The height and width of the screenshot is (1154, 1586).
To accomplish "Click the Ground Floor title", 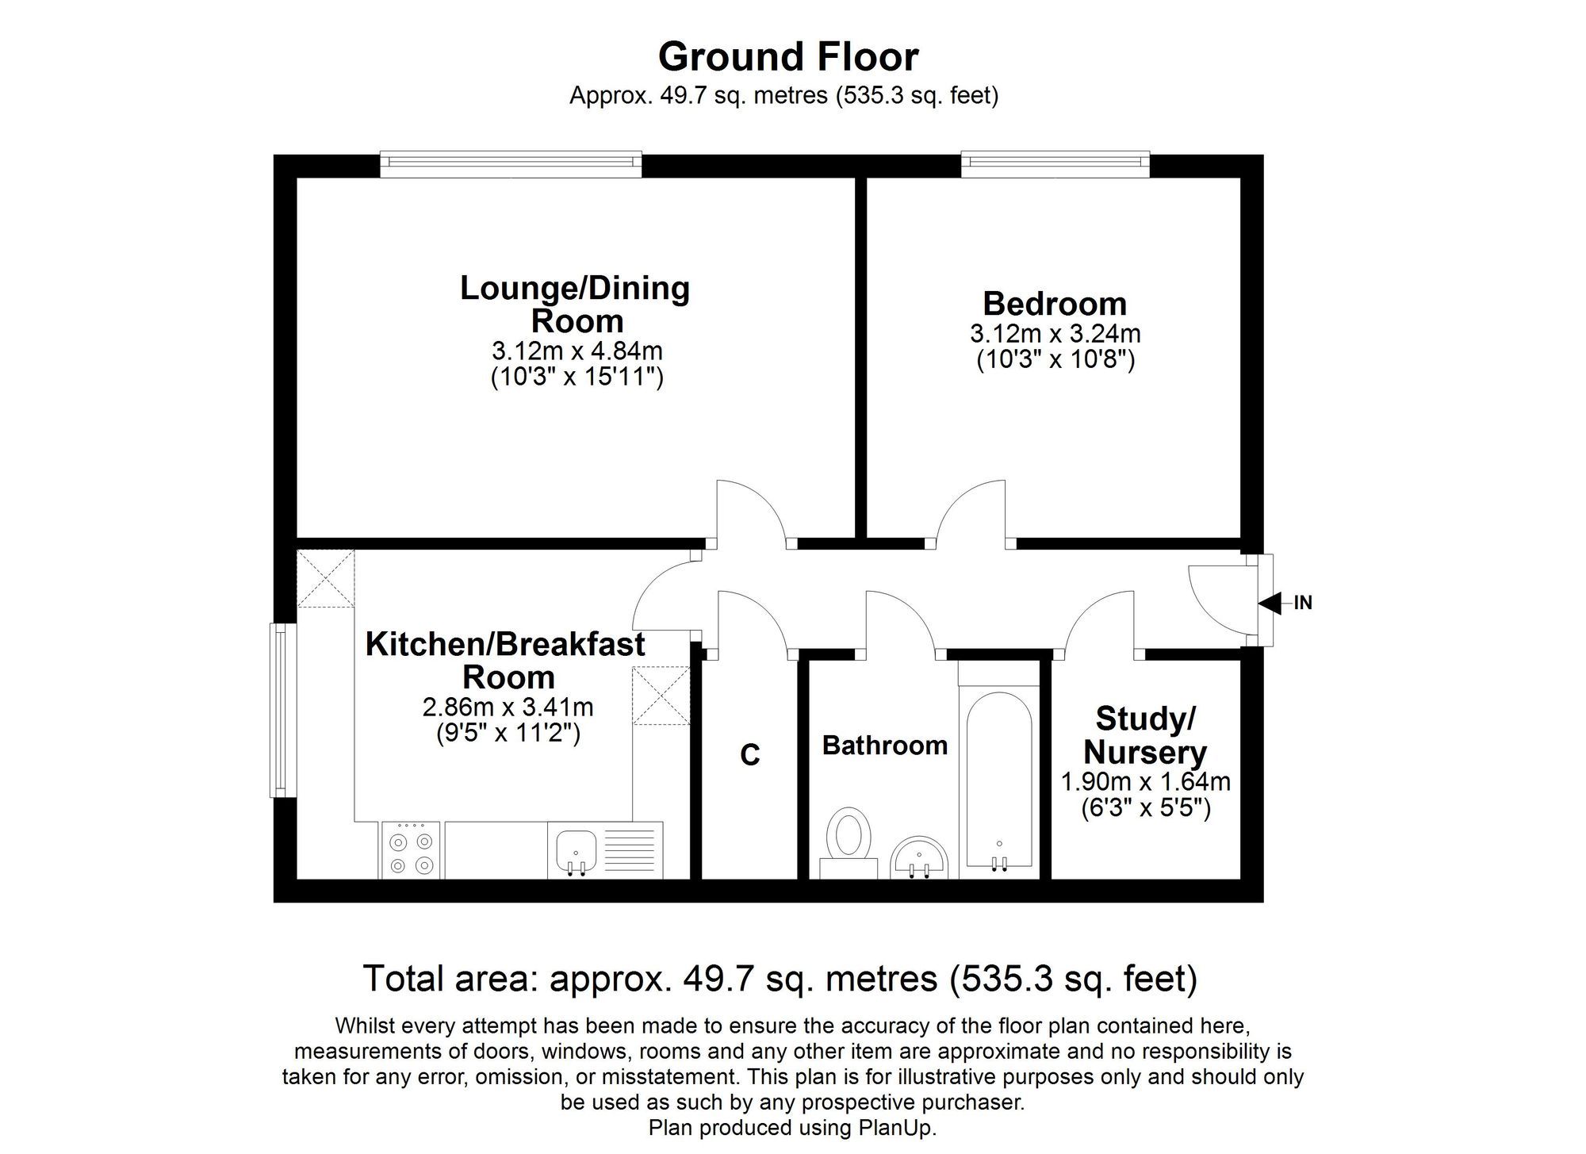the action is pos(788,57).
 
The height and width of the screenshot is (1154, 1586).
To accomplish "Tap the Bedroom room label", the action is pos(1055,304).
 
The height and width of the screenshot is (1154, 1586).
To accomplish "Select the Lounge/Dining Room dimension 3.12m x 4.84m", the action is pos(577,350).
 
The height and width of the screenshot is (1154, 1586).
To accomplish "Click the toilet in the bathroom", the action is pos(849,843).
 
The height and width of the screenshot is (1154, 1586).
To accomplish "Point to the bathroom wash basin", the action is pos(920,857).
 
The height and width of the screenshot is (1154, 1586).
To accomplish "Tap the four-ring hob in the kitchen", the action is pos(412,850).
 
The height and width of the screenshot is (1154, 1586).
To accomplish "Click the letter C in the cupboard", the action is pos(750,755).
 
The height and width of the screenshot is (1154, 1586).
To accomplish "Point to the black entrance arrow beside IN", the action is pos(1270,604).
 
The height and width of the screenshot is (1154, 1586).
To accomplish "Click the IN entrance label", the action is pos(1303,604).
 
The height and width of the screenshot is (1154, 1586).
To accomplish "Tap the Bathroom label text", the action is pos(885,746).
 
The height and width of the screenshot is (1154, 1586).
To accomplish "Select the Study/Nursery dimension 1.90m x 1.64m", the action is pos(1146,782).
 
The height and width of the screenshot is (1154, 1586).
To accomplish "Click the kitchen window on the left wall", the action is pos(281,710).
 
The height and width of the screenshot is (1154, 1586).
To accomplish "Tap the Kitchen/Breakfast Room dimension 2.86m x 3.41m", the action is pos(508,707).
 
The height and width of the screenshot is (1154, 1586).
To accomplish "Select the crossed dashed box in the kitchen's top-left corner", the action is pos(326,579).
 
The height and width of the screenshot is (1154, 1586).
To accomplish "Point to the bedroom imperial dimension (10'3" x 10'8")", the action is pos(1055,360).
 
